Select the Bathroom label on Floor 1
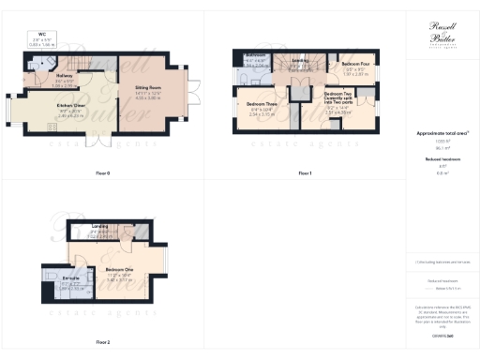click(x=254, y=58)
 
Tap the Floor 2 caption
click(x=103, y=342)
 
